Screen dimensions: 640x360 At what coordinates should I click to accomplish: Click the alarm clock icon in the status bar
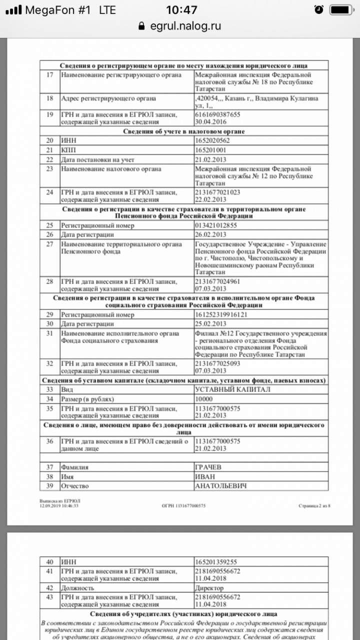(x=318, y=9)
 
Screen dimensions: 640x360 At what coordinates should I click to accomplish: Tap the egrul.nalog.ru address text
(x=185, y=26)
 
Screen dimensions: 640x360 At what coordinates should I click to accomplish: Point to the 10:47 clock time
(x=181, y=9)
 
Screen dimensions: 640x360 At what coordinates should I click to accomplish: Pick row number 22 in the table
(x=49, y=159)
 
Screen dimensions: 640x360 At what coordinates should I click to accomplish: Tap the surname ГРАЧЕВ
(x=207, y=467)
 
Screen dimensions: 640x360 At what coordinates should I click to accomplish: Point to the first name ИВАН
(x=204, y=476)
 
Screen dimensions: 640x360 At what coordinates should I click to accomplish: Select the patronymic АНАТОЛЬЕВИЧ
(x=220, y=486)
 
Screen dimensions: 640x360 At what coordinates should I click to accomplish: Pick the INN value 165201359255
(x=215, y=562)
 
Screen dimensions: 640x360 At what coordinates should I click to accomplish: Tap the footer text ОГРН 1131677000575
(x=183, y=505)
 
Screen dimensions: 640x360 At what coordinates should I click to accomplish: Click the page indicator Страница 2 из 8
(x=314, y=505)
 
